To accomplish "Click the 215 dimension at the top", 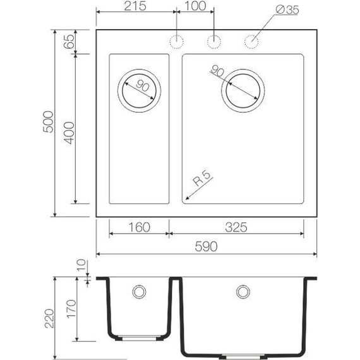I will click(x=136, y=8).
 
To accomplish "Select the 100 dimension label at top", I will click(x=195, y=8).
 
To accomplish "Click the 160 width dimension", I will click(x=139, y=227).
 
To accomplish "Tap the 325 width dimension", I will click(x=234, y=227).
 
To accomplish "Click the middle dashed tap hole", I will click(x=214, y=42).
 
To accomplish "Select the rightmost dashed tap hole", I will click(x=251, y=42).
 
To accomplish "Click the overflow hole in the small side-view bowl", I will click(x=138, y=292).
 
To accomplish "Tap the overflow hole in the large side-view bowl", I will click(x=242, y=292).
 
